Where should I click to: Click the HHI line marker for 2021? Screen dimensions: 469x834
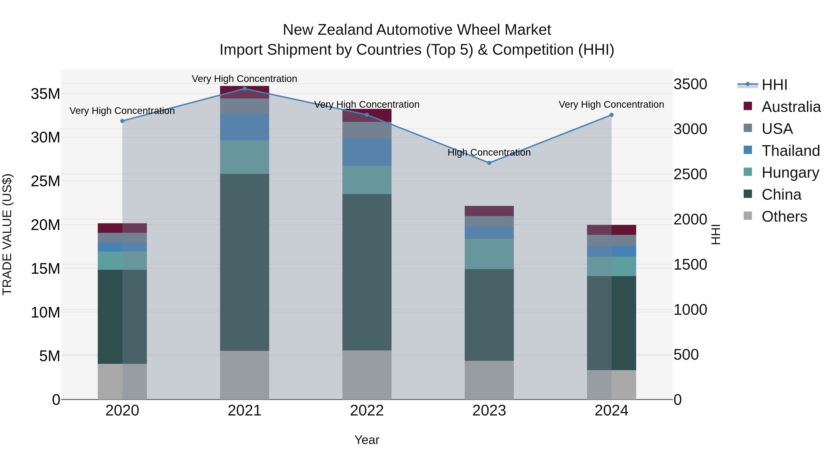click(244, 89)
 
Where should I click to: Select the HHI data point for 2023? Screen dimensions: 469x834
click(489, 163)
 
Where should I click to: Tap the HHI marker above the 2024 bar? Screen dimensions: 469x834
click(611, 115)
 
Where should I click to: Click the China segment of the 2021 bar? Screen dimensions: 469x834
click(244, 262)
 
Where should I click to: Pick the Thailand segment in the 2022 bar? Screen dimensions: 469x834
click(367, 152)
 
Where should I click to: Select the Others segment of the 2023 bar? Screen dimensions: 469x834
click(489, 380)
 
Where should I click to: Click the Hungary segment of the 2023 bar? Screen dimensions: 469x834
click(489, 254)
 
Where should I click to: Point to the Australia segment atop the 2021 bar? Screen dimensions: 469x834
click(244, 92)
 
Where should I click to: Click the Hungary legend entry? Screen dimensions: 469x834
click(790, 173)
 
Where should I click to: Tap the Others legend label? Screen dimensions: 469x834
click(784, 217)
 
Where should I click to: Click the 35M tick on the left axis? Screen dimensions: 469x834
click(45, 94)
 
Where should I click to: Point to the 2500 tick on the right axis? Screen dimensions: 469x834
click(690, 174)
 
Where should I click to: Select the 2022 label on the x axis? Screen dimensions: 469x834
click(367, 411)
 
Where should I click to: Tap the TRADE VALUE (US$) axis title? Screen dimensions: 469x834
click(7, 234)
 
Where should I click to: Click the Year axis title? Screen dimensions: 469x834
click(367, 440)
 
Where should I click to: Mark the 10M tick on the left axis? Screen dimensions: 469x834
click(45, 312)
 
